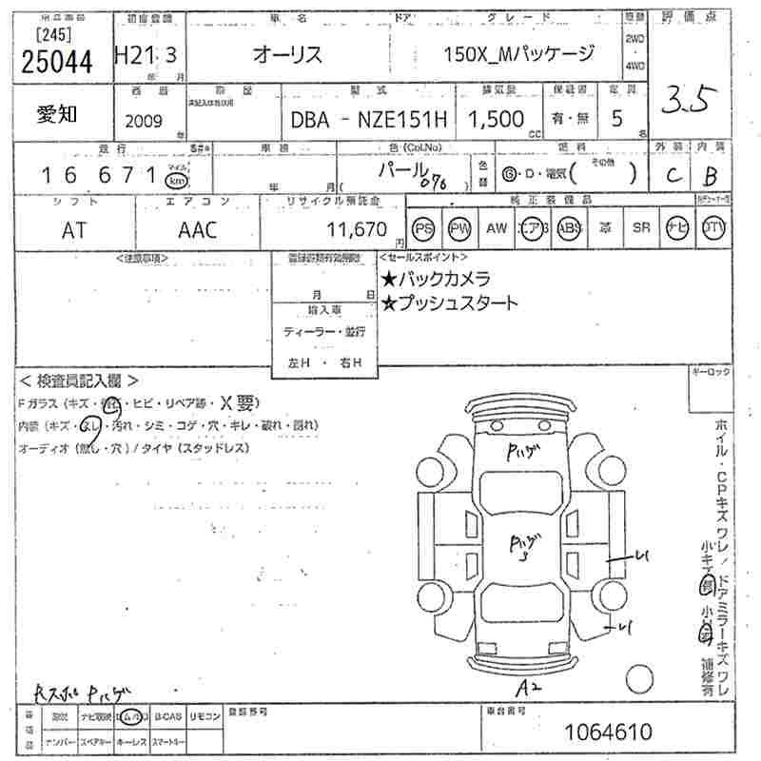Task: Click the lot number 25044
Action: coord(57,62)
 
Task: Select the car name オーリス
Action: coord(286,54)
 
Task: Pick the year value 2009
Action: coord(143,121)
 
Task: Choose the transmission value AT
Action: coord(73,229)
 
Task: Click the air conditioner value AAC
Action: coord(197,229)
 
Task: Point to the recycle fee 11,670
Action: coord(356,229)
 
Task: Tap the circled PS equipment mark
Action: coord(424,228)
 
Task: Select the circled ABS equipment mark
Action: coord(568,228)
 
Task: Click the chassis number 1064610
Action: coord(608,732)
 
